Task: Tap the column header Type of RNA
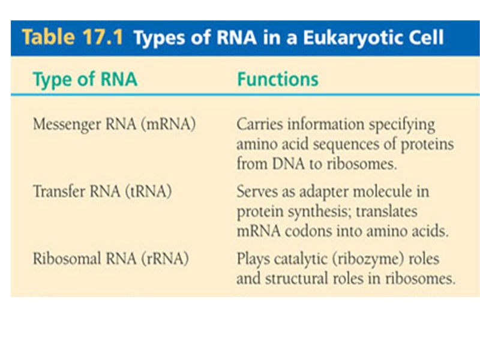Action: [85, 80]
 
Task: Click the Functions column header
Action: [277, 80]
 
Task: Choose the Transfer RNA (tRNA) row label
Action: [102, 192]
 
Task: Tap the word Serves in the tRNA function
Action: [256, 192]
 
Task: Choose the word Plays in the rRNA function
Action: [252, 259]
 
